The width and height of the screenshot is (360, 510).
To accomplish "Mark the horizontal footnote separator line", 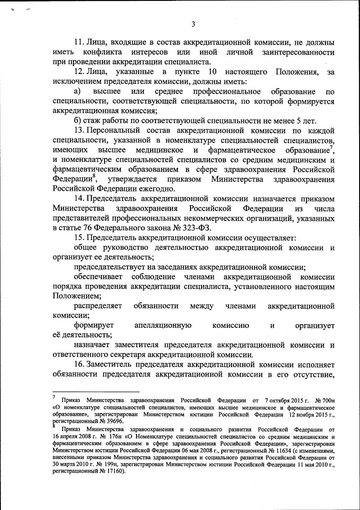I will (x=96, y=392).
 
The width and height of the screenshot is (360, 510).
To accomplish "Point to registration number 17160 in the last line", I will (x=113, y=472).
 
